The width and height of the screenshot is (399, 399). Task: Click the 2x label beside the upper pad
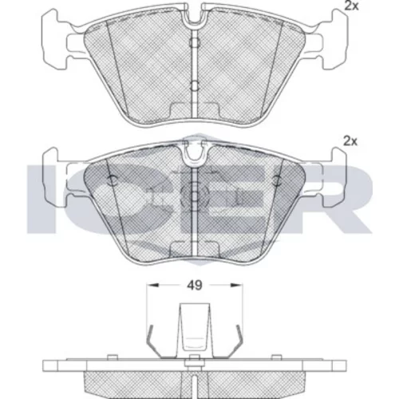(x=351, y=6)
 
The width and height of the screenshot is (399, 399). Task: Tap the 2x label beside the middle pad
(x=350, y=141)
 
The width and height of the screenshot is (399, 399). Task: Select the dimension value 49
(x=195, y=286)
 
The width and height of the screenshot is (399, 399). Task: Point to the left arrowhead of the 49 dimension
(x=153, y=286)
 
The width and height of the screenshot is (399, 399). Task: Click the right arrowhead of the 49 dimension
(x=236, y=286)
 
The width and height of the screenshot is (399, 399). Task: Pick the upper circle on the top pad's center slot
(x=195, y=42)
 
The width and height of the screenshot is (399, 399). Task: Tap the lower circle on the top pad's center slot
(x=195, y=85)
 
